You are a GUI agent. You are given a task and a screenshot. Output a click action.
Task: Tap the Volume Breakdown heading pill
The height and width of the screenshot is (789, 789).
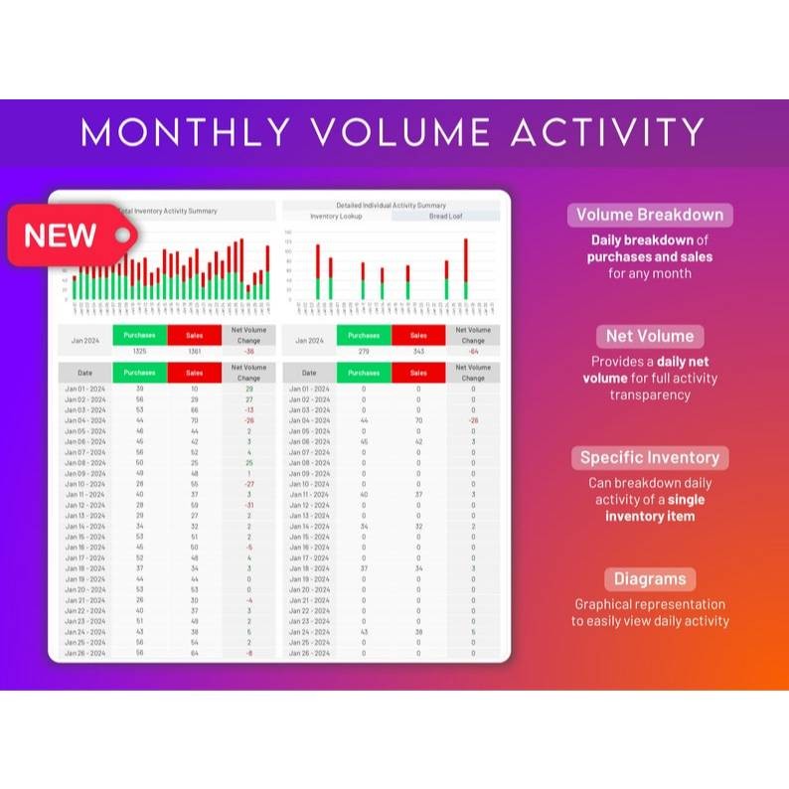pyautogui.click(x=650, y=215)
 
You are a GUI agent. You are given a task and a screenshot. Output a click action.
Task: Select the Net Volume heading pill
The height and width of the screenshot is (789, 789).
pyautogui.click(x=650, y=336)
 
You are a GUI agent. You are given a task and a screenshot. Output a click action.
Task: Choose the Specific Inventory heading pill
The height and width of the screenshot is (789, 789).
pyautogui.click(x=650, y=458)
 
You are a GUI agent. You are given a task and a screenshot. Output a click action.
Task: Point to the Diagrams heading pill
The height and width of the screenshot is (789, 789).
pyautogui.click(x=650, y=579)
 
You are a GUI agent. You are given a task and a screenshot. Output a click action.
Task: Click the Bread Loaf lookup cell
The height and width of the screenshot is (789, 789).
pyautogui.click(x=445, y=216)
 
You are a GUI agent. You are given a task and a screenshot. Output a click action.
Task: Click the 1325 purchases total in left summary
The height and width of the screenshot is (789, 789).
pyautogui.click(x=140, y=351)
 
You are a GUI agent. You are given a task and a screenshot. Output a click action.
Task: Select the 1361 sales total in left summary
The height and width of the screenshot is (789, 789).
pyautogui.click(x=195, y=351)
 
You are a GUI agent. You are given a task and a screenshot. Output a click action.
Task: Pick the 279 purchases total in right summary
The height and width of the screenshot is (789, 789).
pyautogui.click(x=364, y=351)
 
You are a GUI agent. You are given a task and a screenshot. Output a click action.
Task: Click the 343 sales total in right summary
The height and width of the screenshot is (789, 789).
pyautogui.click(x=418, y=351)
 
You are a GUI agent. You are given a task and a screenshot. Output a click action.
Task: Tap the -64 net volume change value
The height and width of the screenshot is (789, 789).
pyautogui.click(x=473, y=351)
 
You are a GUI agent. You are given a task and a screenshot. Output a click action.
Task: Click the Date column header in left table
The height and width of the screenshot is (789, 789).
pyautogui.click(x=84, y=373)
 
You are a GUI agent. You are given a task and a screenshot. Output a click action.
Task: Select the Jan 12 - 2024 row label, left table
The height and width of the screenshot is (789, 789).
pyautogui.click(x=84, y=505)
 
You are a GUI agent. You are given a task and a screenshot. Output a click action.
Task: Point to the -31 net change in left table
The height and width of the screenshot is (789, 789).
pyautogui.click(x=248, y=505)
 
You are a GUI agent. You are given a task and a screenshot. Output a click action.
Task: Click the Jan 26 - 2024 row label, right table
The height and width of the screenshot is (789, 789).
pyautogui.click(x=309, y=653)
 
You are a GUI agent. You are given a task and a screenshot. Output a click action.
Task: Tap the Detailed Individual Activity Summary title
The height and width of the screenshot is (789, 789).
pyautogui.click(x=391, y=205)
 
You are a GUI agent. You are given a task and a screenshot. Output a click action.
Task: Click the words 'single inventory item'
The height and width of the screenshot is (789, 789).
pyautogui.click(x=650, y=508)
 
